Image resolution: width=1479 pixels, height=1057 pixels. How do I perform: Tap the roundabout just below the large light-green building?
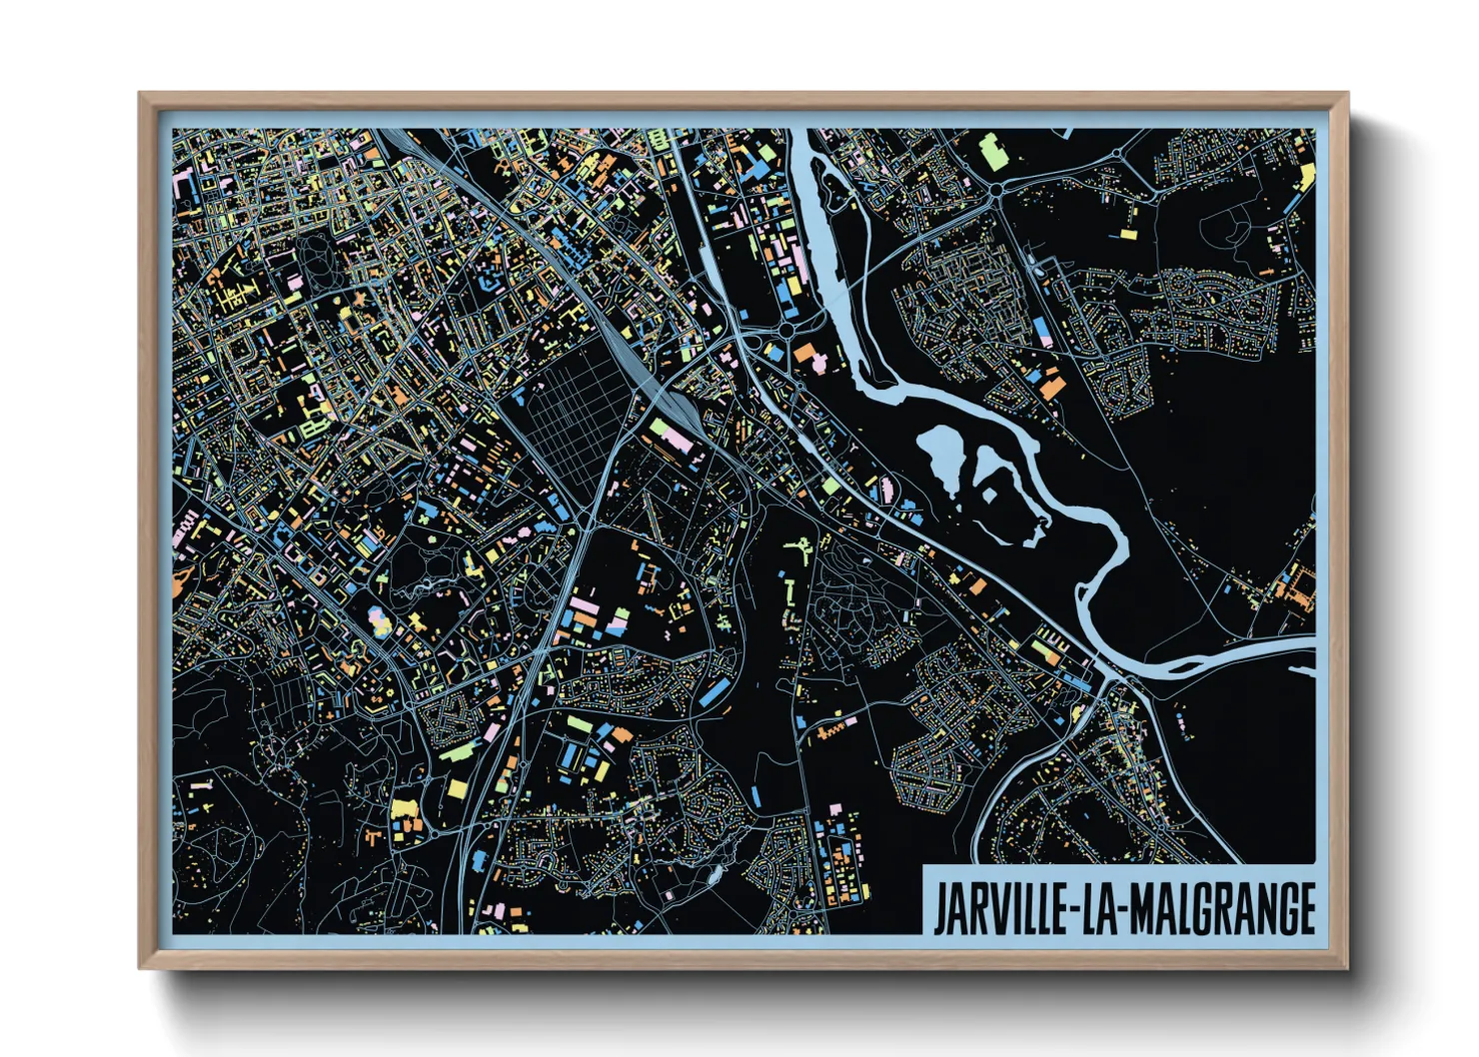click(996, 189)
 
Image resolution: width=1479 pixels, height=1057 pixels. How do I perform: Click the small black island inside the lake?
click(989, 495)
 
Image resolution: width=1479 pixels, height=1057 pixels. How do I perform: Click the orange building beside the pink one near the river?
click(805, 353)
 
